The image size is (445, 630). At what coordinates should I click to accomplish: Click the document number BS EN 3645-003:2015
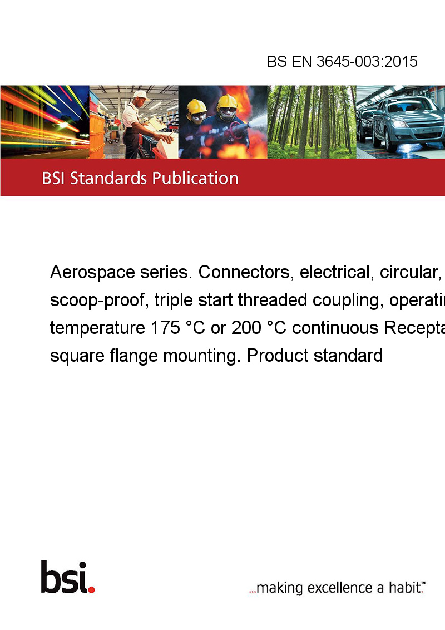342,61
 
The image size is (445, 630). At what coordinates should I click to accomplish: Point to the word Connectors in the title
244,272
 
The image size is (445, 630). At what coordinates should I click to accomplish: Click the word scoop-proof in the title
97,301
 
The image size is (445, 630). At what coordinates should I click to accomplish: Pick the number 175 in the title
165,328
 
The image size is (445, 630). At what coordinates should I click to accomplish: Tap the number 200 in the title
246,328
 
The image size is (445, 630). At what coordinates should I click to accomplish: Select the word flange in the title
133,356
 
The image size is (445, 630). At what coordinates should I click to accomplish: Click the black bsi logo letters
63,577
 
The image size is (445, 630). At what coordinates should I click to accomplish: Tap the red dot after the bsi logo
91,589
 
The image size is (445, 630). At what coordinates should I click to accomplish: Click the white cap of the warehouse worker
141,95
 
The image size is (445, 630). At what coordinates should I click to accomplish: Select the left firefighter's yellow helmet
196,107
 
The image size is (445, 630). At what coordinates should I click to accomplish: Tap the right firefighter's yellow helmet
227,102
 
